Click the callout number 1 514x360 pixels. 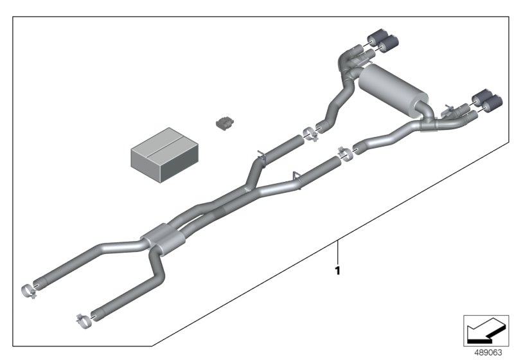point(338,271)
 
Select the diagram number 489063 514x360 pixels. point(488,353)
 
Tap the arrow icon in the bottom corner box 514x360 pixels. point(486,330)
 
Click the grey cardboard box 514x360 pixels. point(164,155)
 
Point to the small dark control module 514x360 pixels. point(225,123)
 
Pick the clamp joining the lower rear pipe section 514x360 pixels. point(345,154)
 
